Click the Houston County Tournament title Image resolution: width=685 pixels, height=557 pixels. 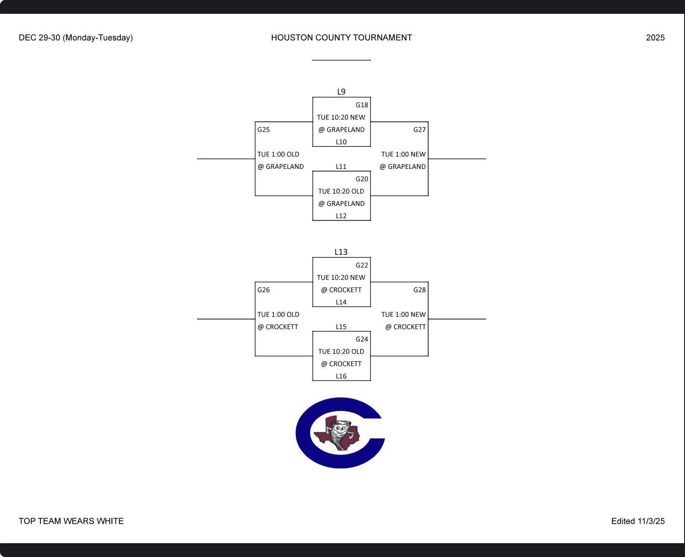[x=341, y=38]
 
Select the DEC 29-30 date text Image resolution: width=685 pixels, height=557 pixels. [x=75, y=38]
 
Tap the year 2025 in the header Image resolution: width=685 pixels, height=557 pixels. [x=655, y=38]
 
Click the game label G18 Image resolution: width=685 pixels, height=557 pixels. [x=361, y=105]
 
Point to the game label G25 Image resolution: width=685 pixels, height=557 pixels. [x=264, y=130]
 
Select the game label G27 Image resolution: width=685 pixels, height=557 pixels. [x=419, y=130]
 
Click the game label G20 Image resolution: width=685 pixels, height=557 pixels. [x=361, y=179]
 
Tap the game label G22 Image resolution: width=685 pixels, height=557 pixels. [x=361, y=265]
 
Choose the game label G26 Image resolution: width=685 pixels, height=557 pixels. [x=264, y=290]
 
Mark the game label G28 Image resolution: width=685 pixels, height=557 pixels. [x=419, y=290]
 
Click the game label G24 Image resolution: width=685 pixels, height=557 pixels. [x=361, y=339]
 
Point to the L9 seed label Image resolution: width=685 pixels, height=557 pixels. [x=341, y=92]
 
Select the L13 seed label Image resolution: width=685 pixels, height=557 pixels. [x=341, y=252]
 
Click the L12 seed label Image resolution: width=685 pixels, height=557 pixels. [x=341, y=216]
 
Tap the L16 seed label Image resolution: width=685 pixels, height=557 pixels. [x=341, y=376]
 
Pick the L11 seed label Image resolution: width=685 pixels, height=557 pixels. [x=341, y=167]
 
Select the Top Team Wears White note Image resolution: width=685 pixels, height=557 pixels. [x=71, y=521]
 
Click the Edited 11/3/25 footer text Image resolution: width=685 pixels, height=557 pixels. [x=638, y=521]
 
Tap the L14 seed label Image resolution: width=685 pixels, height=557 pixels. [x=341, y=302]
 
